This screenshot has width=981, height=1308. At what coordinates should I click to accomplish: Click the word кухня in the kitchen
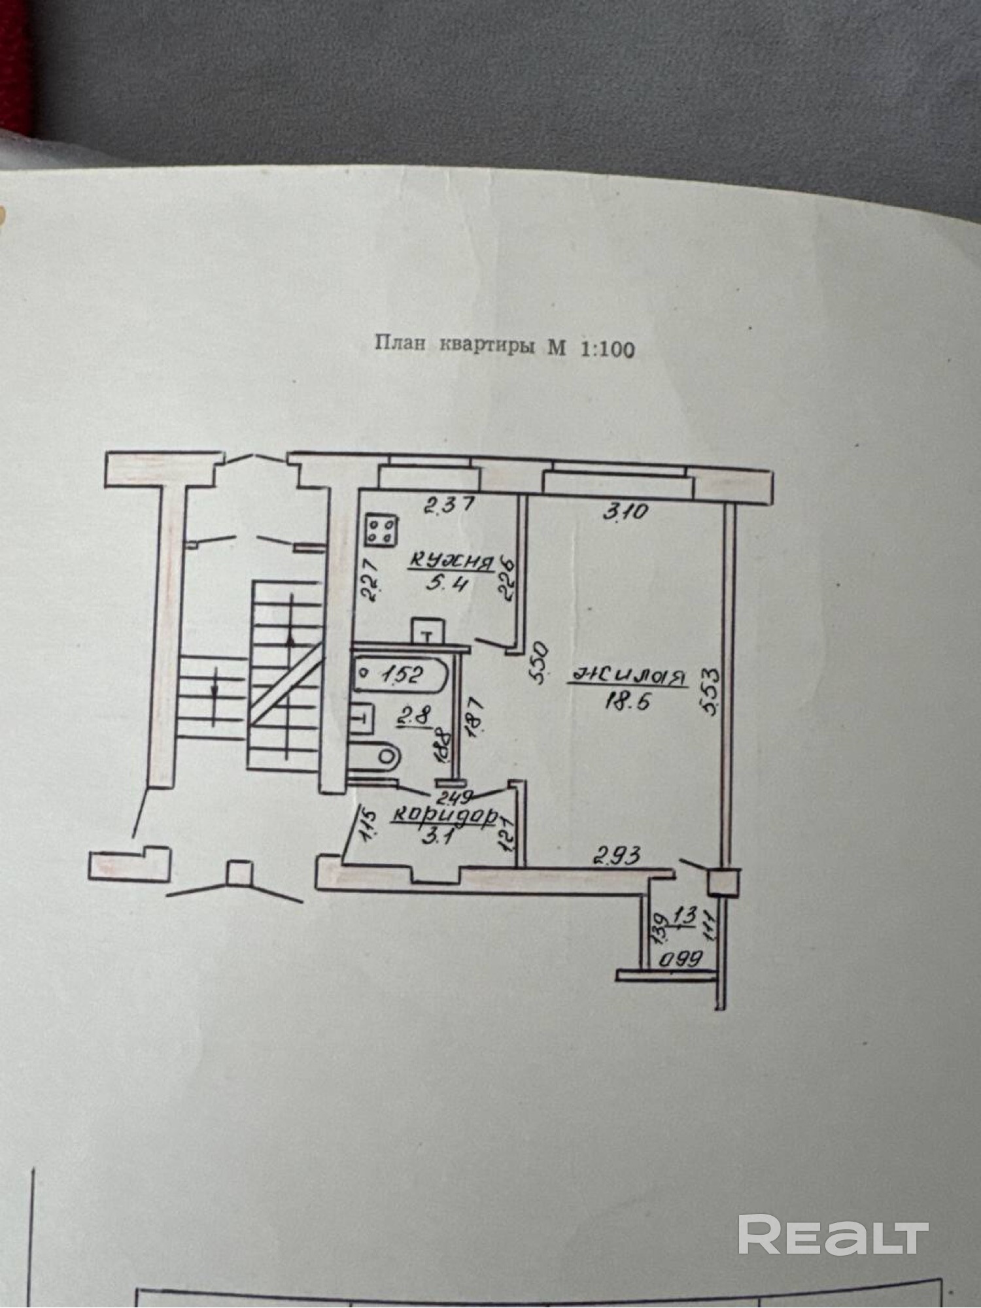tap(451, 562)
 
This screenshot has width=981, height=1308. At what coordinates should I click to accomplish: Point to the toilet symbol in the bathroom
tap(375, 757)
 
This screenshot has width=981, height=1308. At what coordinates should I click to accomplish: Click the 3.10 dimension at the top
tap(625, 511)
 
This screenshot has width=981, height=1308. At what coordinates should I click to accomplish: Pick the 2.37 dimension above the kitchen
tap(449, 505)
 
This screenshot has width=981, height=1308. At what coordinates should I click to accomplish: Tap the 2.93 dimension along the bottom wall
tap(617, 856)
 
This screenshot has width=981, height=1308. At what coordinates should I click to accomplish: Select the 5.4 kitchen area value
tap(447, 583)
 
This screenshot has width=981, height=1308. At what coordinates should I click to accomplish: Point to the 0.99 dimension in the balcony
tap(680, 959)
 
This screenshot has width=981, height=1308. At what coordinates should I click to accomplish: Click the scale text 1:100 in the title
tap(607, 349)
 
